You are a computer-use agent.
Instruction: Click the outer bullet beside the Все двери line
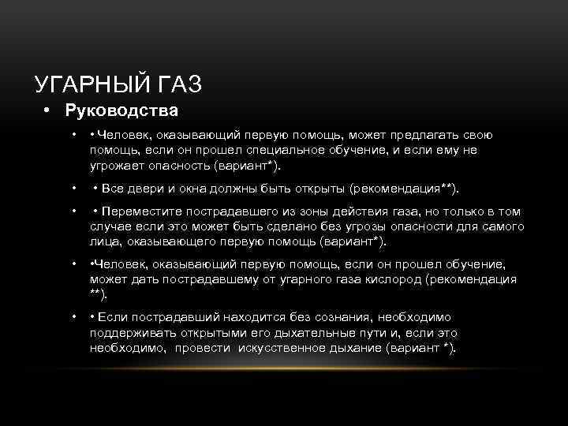click(x=73, y=190)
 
